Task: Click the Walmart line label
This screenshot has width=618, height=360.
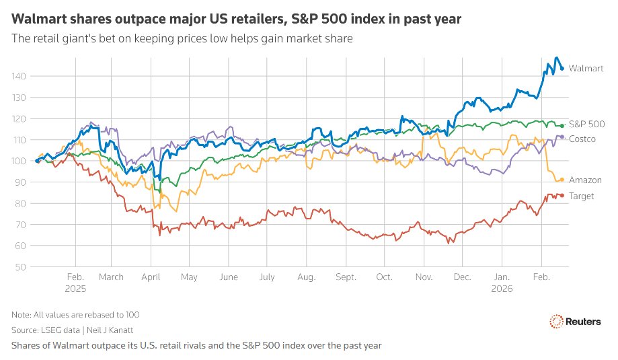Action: [x=586, y=69]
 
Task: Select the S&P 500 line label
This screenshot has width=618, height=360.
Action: [x=586, y=124]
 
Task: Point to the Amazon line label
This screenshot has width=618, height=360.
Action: [x=585, y=180]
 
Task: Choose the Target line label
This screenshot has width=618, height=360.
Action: [x=582, y=196]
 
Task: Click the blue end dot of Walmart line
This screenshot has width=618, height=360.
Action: [x=562, y=69]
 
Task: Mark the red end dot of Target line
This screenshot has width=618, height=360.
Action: [x=562, y=196]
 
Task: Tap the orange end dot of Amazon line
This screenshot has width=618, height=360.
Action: [x=562, y=180]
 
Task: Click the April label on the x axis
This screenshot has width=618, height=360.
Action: [x=151, y=277]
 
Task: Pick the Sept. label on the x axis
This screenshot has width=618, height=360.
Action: [x=346, y=277]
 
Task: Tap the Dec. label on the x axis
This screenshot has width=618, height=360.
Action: [x=462, y=277]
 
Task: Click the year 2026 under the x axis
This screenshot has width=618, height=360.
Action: [x=502, y=288]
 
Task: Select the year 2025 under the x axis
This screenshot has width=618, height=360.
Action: [x=75, y=288]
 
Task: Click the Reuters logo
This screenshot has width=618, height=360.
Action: [x=575, y=322]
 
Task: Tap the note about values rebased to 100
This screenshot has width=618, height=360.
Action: [x=75, y=315]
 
